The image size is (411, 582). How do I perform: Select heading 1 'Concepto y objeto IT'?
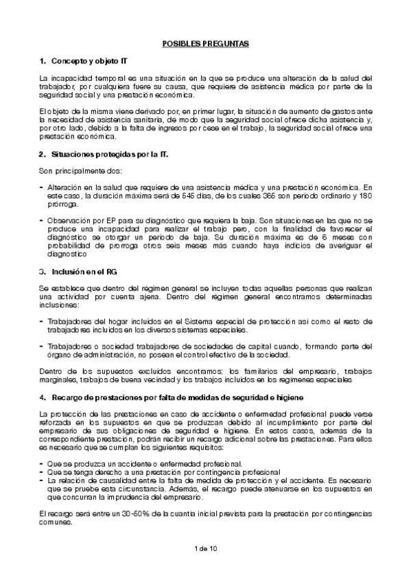coord(86,62)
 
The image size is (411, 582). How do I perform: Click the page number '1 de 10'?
coord(206,548)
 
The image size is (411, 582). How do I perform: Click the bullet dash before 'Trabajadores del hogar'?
coord(41,321)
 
